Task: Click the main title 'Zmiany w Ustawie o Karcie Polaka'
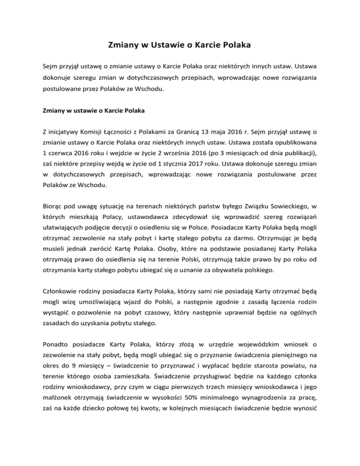point(180,45)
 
